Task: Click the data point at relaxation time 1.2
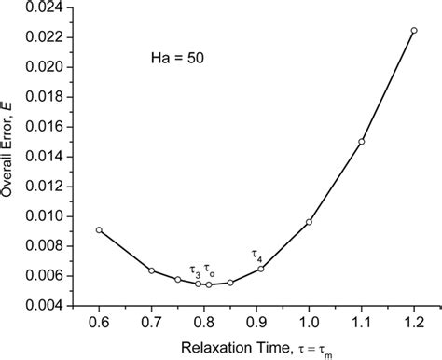[414, 30]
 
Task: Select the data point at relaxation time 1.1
[362, 142]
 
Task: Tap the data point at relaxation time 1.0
[309, 222]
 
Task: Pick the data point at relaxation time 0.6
[99, 229]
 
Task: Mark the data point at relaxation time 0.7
[151, 270]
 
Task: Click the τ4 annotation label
[257, 255]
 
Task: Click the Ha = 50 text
[173, 57]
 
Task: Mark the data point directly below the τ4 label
[261, 269]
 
